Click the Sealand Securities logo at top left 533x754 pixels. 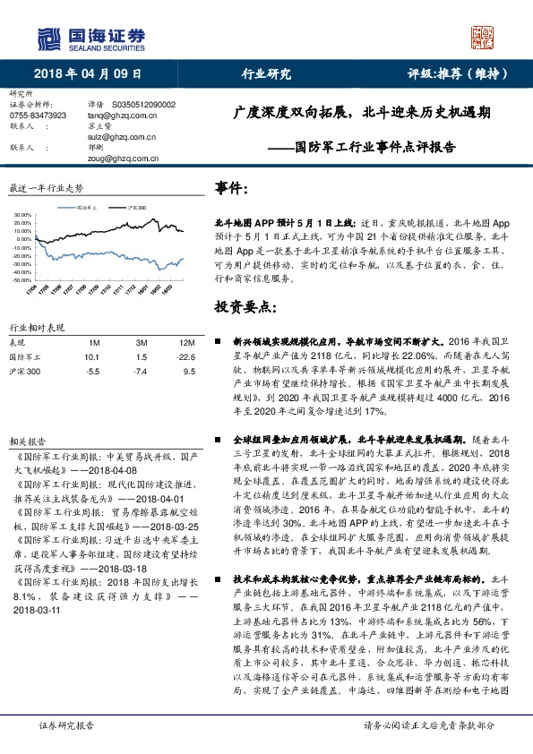[90, 37]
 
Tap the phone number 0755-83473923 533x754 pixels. [39, 116]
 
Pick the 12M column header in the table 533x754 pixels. [187, 343]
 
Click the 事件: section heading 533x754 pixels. [231, 189]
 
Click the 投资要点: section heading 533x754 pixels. [242, 307]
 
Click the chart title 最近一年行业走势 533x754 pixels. [46, 189]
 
